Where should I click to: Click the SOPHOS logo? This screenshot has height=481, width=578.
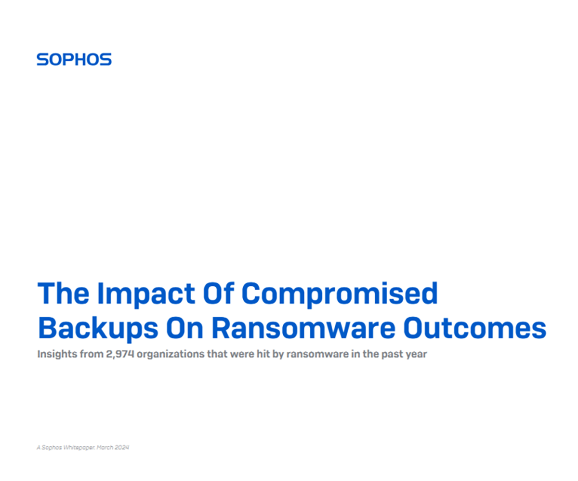tap(74, 59)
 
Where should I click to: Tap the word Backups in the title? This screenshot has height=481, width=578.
tap(98, 328)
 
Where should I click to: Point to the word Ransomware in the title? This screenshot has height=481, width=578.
tap(303, 328)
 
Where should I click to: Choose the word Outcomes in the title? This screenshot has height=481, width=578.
tap(474, 328)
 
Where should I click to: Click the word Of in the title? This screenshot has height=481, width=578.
tap(218, 293)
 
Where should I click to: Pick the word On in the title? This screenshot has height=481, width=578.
tap(184, 328)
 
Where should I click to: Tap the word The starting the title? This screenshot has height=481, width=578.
tap(64, 293)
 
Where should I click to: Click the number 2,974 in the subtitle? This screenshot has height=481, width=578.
tap(120, 354)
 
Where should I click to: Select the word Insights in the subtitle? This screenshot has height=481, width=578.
tap(57, 354)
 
